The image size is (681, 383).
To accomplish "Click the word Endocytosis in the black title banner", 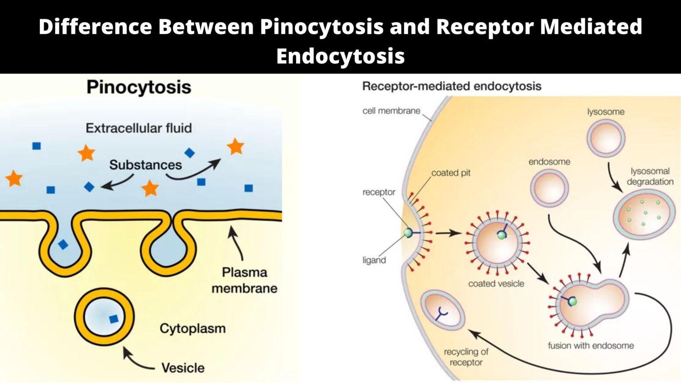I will pyautogui.click(x=340, y=56).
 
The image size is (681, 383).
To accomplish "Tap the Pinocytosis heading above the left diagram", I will pyautogui.click(x=139, y=87).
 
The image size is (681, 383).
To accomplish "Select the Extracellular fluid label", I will pyautogui.click(x=139, y=128).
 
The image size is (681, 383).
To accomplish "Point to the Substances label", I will pyautogui.click(x=145, y=165).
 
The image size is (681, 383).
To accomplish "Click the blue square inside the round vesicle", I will pyautogui.click(x=113, y=319).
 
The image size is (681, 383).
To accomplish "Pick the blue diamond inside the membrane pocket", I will pyautogui.click(x=63, y=244).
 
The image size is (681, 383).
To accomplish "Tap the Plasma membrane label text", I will pyautogui.click(x=244, y=280).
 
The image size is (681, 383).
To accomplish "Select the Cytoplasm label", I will pyautogui.click(x=192, y=328).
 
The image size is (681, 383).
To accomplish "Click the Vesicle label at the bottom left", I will pyautogui.click(x=183, y=368).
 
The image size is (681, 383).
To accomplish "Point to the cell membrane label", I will pyautogui.click(x=391, y=111).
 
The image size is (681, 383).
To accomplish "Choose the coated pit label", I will pyautogui.click(x=450, y=173).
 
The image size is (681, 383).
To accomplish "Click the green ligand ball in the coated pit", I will pyautogui.click(x=408, y=233).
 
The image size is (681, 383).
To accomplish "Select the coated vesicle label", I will pyautogui.click(x=496, y=284).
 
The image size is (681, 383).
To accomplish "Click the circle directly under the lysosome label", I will pyautogui.click(x=606, y=138).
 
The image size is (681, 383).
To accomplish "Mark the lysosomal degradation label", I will pyautogui.click(x=650, y=176).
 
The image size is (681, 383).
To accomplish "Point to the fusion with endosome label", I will pyautogui.click(x=591, y=346).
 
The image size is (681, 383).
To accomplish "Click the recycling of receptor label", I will pyautogui.click(x=466, y=357).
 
